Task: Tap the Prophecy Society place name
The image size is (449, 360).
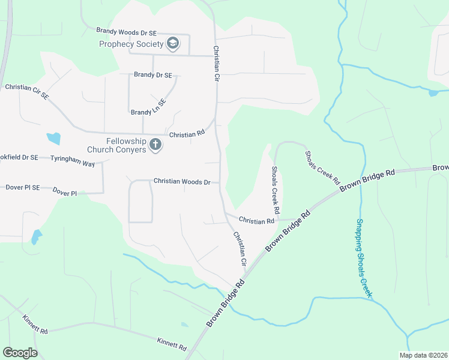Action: pos(131,44)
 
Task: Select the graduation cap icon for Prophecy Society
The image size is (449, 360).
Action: pos(173,43)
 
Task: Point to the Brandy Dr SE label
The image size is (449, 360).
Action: pos(153,75)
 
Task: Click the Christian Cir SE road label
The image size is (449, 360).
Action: pos(26,91)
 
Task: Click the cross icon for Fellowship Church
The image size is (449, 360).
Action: pos(155,145)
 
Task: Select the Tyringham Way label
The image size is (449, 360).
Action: pos(73,157)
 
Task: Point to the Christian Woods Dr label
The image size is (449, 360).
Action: pos(182,181)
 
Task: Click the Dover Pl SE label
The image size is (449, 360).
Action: pos(22,187)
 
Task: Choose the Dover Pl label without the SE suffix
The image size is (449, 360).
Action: pos(65,192)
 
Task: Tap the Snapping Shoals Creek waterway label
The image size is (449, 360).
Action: pos(364,258)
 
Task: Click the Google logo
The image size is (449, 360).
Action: pos(20,353)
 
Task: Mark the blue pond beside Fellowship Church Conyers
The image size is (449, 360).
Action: pos(53,139)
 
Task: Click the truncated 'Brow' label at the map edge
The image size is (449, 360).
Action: pos(441,167)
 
